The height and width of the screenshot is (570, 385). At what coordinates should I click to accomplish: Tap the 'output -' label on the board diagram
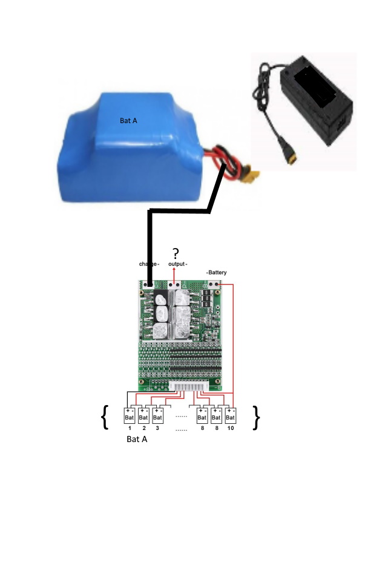pos(178,264)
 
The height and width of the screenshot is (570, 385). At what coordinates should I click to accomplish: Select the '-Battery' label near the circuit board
pos(217,273)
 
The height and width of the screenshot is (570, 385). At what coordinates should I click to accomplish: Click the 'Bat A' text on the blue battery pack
pos(128,121)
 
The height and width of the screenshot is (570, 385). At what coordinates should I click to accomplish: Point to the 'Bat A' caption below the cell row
pos(137,440)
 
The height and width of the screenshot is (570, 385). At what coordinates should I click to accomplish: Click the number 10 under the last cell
pos(231,428)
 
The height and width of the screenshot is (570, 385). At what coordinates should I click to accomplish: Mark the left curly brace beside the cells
pos(105,417)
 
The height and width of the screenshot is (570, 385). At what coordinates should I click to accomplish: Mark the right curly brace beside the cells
pos(256,417)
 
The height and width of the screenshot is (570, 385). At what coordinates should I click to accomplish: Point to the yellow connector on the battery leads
pos(252,176)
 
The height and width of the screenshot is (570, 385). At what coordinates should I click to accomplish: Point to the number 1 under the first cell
pos(130,428)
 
